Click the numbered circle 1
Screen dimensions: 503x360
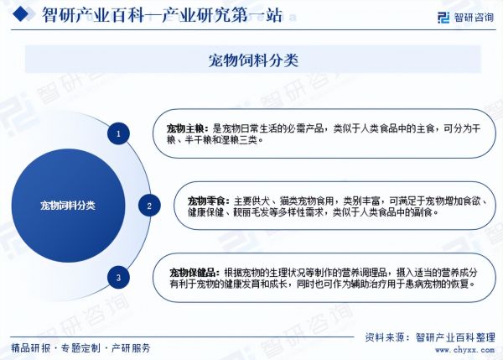tap(118, 133)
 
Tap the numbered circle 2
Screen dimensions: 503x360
tap(149, 206)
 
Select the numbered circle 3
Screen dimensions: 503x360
tap(118, 278)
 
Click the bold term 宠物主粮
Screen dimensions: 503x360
tap(185, 129)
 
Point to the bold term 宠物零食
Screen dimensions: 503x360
tap(206, 201)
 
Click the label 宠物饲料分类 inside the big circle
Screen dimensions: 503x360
tap(68, 206)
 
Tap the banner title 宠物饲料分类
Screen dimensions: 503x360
tap(253, 60)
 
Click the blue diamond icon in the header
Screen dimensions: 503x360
tap(20, 13)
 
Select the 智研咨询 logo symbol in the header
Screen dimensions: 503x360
tap(443, 18)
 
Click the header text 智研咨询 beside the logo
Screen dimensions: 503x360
tap(474, 18)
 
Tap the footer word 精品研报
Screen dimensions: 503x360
tap(31, 347)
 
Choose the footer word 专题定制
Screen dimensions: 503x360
tap(80, 347)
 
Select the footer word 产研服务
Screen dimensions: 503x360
tap(131, 347)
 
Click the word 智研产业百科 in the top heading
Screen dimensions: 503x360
tap(93, 15)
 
